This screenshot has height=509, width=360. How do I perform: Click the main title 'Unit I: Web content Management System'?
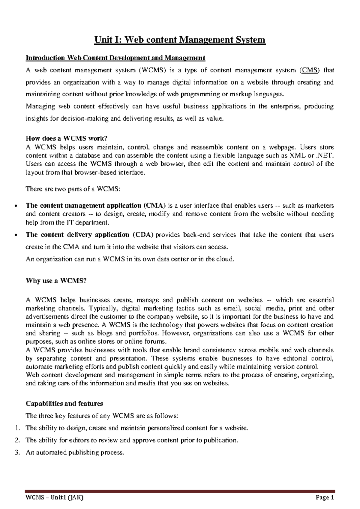pyautogui.click(x=180, y=40)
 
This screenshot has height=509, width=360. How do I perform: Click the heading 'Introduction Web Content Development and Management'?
pyautogui.click(x=115, y=58)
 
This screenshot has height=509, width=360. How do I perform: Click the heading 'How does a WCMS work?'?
pyautogui.click(x=66, y=138)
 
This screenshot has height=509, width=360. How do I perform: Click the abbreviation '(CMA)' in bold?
pyautogui.click(x=154, y=206)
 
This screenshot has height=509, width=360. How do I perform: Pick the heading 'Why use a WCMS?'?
pyautogui.click(x=56, y=281)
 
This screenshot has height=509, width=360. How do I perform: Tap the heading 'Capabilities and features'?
pyautogui.click(x=64, y=403)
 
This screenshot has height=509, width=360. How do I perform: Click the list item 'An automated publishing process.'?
pyautogui.click(x=75, y=453)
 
